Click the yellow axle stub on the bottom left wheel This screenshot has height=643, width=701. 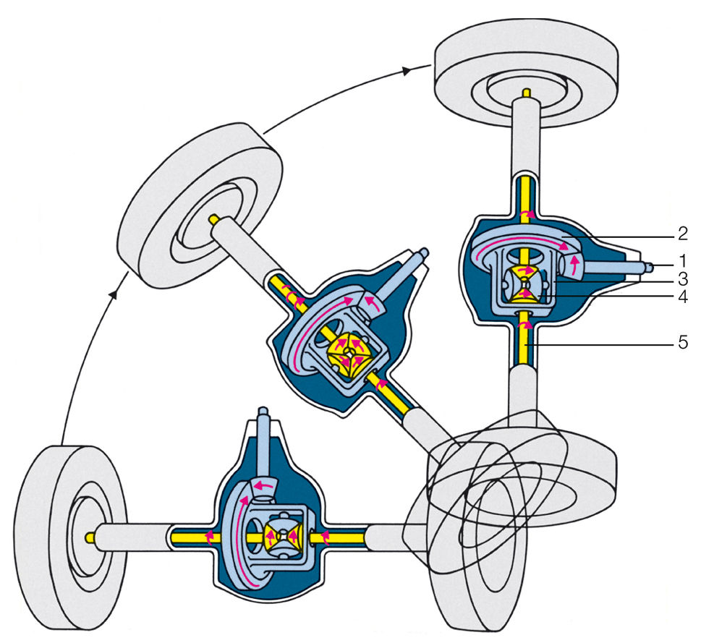(x=90, y=537)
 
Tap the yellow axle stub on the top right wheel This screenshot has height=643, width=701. (x=527, y=93)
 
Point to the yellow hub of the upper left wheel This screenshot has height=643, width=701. (x=215, y=218)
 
